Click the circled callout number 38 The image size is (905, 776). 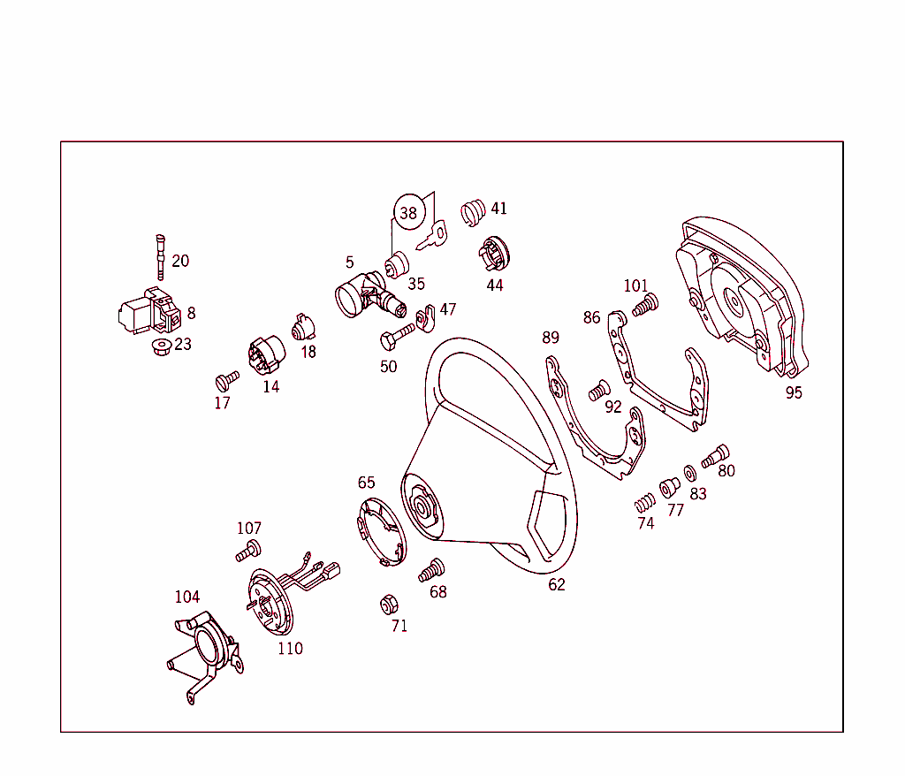click(408, 213)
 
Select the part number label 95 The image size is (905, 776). click(794, 393)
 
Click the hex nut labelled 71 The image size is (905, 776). click(386, 605)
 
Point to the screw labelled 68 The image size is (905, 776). click(432, 569)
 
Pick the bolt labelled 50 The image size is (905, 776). click(397, 336)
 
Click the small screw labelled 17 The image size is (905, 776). click(226, 381)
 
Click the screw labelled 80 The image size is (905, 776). click(715, 456)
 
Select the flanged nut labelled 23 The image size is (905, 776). click(161, 346)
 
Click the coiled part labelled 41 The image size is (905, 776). click(474, 213)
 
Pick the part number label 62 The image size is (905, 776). click(556, 585)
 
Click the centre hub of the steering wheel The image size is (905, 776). click(422, 506)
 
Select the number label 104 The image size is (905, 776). click(186, 597)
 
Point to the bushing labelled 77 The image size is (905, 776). click(669, 487)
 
